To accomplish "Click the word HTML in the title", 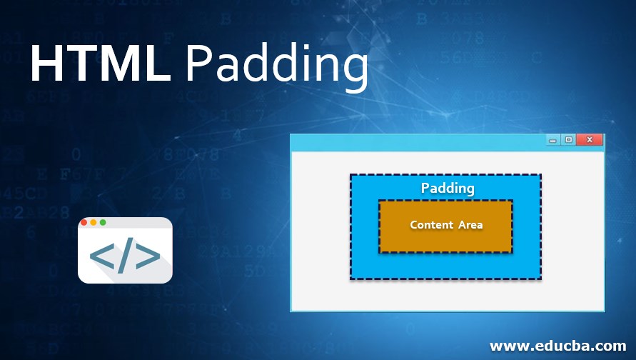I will tap(100, 65).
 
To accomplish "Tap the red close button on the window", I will tap(590, 140).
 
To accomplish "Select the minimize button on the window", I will tap(552, 141).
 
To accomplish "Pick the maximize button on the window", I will tap(568, 140).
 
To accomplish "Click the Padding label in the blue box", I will tap(448, 189).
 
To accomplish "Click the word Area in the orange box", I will tap(470, 225).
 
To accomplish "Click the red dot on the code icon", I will tap(84, 222).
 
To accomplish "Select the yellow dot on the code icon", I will tap(94, 222).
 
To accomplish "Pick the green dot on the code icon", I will tap(103, 222).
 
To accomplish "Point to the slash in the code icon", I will tap(124, 257).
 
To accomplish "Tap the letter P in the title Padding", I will tap(198, 65).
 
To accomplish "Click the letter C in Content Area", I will tap(414, 225).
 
